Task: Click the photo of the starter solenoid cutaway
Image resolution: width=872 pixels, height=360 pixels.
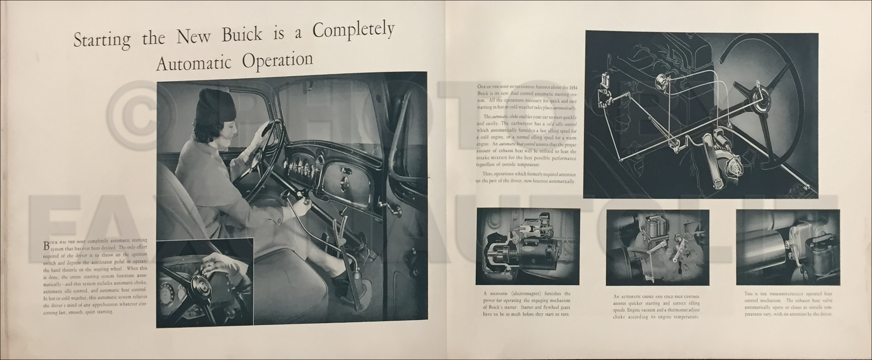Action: click(x=528, y=246)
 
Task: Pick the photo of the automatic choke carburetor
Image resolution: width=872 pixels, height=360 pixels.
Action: click(x=657, y=247)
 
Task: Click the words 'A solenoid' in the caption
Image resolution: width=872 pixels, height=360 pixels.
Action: click(x=498, y=294)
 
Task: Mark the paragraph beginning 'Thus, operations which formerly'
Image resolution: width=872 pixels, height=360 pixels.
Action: click(x=525, y=178)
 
